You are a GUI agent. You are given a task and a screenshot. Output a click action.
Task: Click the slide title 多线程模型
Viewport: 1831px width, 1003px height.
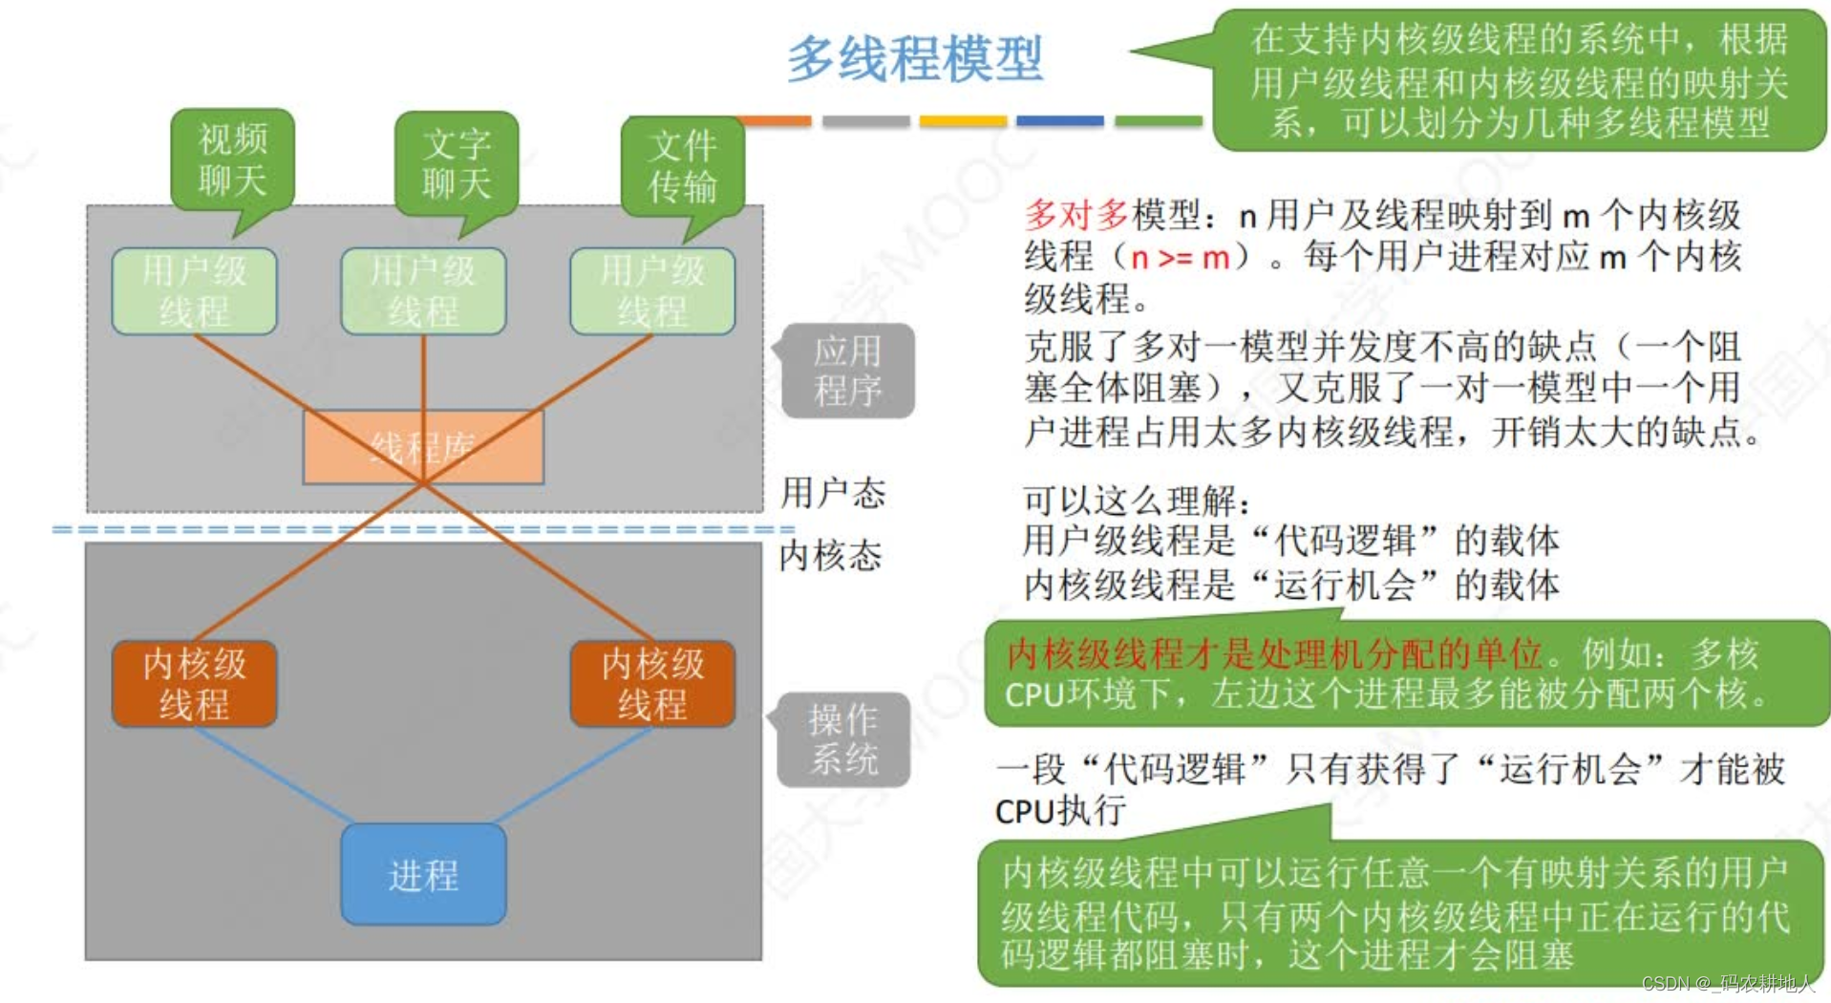tap(914, 59)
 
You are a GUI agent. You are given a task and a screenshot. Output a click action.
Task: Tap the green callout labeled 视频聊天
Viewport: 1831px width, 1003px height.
tap(232, 160)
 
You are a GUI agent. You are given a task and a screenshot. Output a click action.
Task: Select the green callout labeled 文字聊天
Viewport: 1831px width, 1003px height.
tap(457, 163)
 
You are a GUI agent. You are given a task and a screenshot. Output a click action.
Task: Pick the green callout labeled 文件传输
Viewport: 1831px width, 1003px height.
tap(682, 166)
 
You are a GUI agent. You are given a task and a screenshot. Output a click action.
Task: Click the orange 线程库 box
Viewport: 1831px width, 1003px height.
tap(423, 447)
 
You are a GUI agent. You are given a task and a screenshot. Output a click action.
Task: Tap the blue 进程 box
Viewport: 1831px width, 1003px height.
tap(423, 874)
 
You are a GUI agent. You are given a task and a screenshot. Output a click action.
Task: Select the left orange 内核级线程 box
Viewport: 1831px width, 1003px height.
tap(194, 684)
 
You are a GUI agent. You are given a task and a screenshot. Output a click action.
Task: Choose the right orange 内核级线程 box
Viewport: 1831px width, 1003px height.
tap(652, 684)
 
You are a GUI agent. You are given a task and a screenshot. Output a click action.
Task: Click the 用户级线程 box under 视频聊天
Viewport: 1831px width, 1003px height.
tap(194, 291)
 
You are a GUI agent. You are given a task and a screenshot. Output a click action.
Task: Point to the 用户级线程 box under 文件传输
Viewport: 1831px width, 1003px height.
tap(652, 291)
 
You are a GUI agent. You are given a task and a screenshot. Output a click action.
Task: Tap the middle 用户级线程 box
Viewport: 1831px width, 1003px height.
tap(423, 291)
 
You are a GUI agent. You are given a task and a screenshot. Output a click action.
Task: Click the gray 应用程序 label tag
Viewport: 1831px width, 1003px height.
tap(847, 371)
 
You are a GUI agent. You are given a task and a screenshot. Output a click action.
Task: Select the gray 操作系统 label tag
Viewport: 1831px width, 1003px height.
tap(843, 739)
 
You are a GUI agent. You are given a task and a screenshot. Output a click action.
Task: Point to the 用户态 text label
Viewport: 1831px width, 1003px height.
tap(833, 493)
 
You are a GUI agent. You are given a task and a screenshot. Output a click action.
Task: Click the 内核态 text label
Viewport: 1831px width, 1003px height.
tap(830, 555)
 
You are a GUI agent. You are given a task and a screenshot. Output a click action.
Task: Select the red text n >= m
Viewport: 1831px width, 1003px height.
tap(1180, 257)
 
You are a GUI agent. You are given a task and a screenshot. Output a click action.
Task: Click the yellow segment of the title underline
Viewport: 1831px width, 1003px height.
tap(963, 121)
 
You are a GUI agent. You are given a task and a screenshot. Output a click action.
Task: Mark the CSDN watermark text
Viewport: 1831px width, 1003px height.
tap(1726, 983)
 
